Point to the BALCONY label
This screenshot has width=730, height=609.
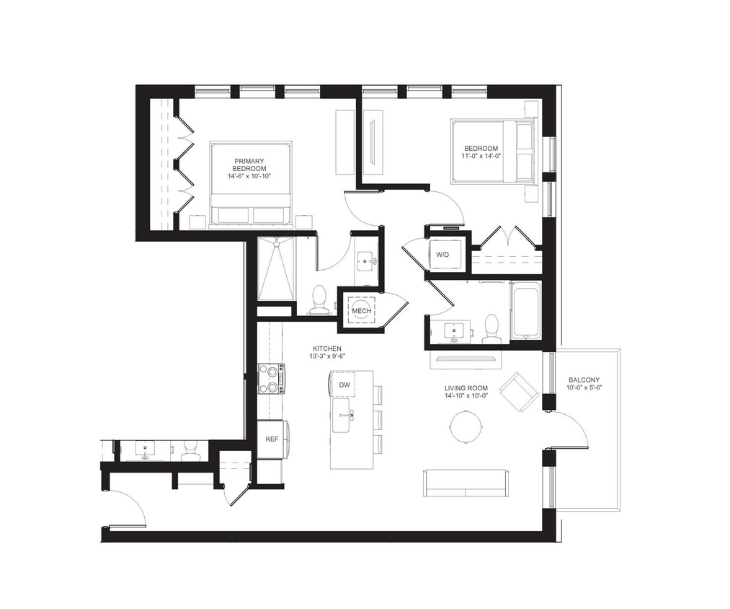[584, 380]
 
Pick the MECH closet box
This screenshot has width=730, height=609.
[361, 311]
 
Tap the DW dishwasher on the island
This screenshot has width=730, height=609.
[344, 385]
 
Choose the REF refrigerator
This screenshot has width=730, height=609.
[272, 439]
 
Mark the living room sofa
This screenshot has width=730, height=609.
[466, 483]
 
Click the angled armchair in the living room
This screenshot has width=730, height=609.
[519, 391]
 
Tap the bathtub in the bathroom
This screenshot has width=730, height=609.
[525, 311]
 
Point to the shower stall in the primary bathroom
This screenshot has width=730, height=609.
[277, 268]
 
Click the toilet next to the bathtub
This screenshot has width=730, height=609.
[492, 329]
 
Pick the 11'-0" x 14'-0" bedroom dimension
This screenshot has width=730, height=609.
[481, 156]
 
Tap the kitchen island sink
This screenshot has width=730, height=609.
[342, 416]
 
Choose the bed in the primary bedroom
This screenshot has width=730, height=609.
[251, 184]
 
